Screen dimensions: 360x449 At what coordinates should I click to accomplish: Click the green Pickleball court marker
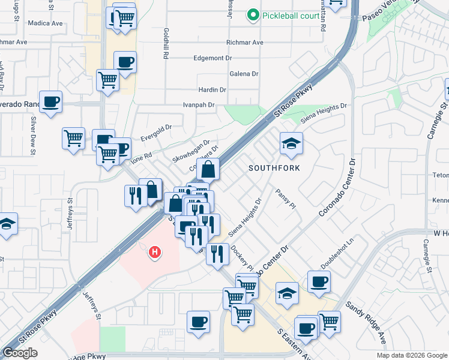(253, 15)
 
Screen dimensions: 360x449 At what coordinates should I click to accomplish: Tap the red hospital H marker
(155, 253)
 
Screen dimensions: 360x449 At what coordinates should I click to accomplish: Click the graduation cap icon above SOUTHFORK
(291, 144)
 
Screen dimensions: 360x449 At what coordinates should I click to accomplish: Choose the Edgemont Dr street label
(212, 58)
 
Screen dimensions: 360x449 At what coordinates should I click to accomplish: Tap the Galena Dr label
(244, 74)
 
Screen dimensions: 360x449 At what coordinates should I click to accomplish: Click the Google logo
(20, 353)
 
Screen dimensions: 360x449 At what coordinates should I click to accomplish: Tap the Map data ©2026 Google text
(412, 355)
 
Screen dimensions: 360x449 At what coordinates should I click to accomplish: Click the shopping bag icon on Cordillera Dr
(207, 169)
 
